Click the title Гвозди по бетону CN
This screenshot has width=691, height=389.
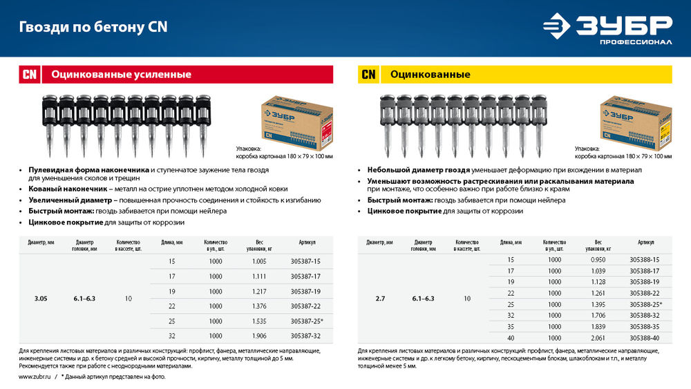tap(93, 28)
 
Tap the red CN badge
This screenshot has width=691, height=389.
tap(29, 75)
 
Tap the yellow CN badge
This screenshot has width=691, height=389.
tap(368, 75)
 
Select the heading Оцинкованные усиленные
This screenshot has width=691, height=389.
tap(121, 75)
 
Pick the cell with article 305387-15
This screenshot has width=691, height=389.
tap(301, 262)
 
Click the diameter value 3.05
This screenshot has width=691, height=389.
tap(41, 299)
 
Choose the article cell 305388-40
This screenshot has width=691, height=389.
tap(645, 338)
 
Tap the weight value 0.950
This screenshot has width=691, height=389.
tap(598, 260)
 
